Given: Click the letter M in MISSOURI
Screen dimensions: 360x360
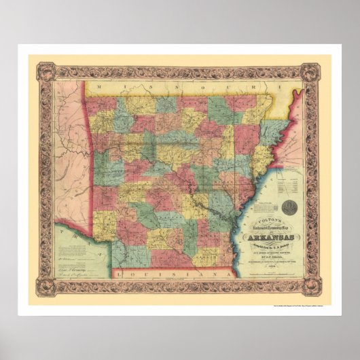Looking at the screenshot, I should (x=99, y=88).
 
